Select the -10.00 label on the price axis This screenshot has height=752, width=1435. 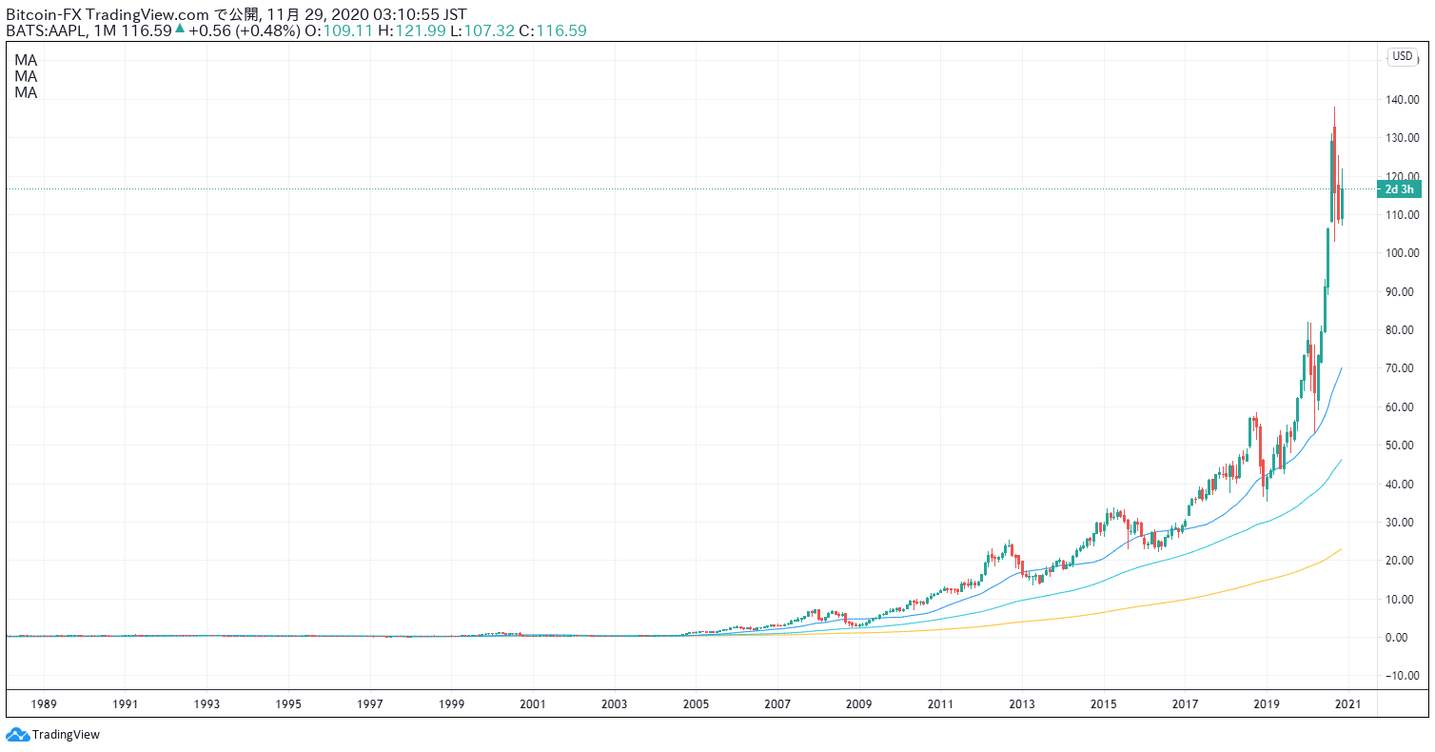coord(1405,676)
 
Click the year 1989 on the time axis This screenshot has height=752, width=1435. coord(44,704)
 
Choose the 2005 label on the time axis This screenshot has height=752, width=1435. coord(696,704)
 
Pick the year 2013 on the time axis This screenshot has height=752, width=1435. coord(1022,704)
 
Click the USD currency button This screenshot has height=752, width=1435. coord(1403,56)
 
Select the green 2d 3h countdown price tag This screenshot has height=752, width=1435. coord(1400,188)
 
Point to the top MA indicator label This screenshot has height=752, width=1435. coord(26,59)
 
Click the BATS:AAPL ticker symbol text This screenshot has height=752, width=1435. coord(49,30)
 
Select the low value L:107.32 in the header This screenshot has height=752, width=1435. coord(482,30)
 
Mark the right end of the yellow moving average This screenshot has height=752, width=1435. coord(1342,549)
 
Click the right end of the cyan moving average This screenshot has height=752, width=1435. coord(1342,460)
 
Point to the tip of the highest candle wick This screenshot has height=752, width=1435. coord(1334,108)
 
